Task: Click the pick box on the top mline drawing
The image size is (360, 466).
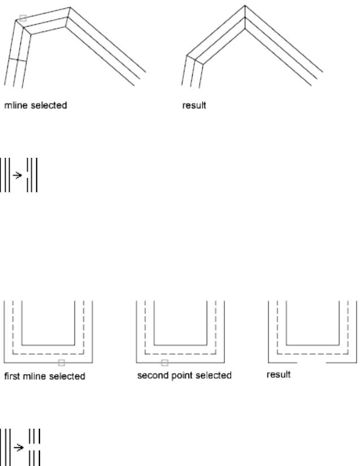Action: coord(23,18)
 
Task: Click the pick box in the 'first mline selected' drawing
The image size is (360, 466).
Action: coord(62,363)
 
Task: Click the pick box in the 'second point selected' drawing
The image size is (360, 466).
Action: coord(164,362)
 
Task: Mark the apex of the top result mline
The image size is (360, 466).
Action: coord(244,7)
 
